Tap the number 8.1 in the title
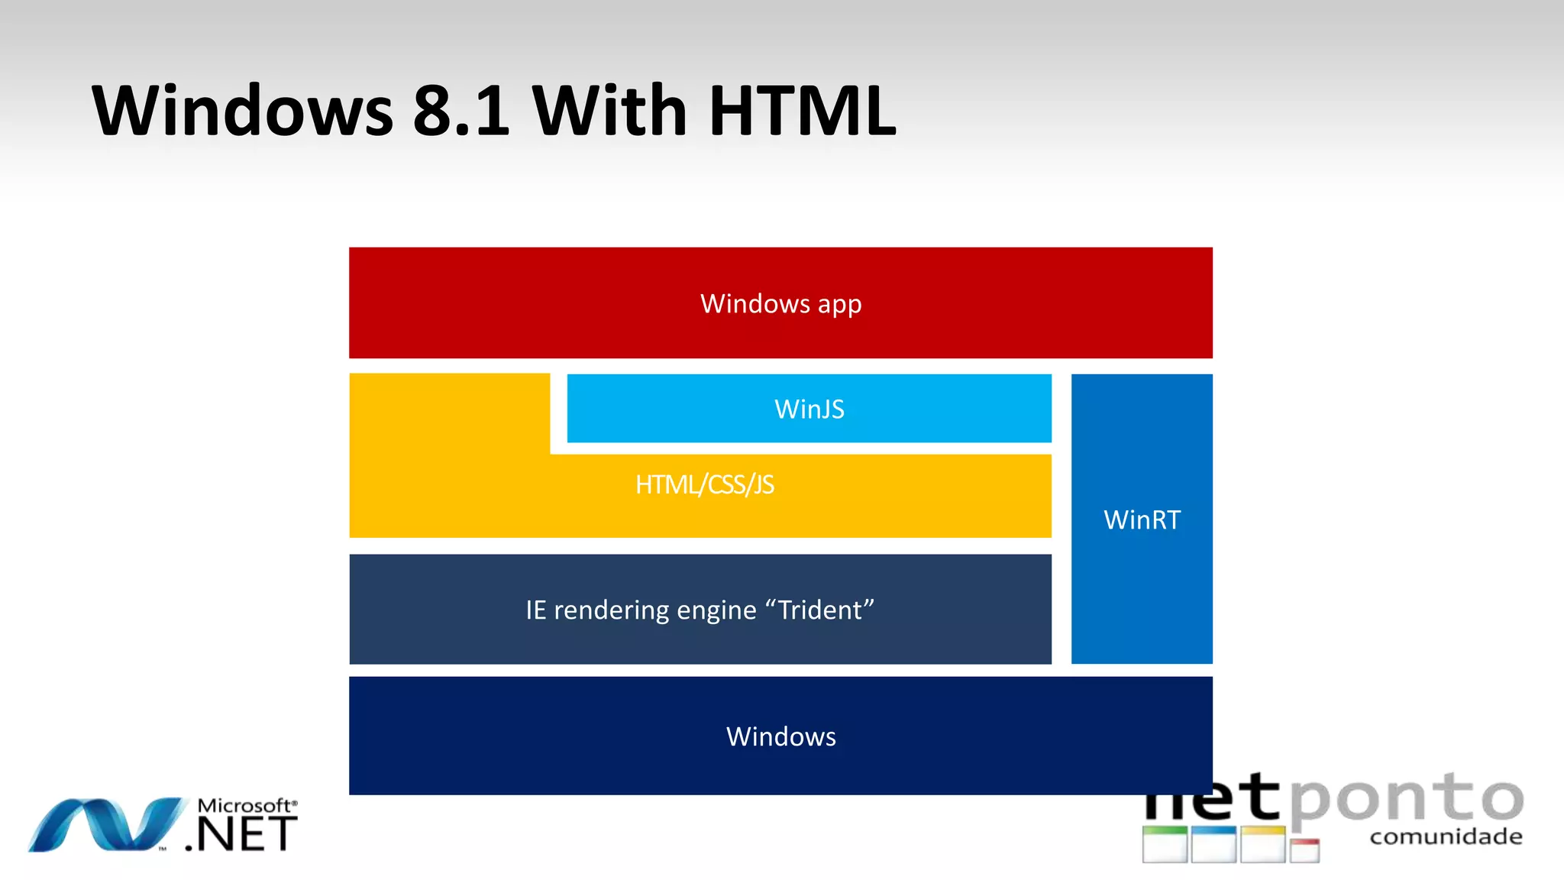coord(460,111)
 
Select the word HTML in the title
coord(802,111)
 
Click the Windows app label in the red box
coord(780,304)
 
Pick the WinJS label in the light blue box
coord(809,409)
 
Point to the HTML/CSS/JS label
coord(704,485)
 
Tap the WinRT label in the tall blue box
coord(1142,520)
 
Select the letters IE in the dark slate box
coord(535,610)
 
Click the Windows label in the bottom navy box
coord(780,736)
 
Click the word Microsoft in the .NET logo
coord(244,806)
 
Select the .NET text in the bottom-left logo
coord(241,834)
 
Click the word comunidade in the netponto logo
coord(1445,837)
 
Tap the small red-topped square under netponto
coord(1304,849)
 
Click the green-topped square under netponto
coord(1165,844)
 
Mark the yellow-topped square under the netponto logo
coord(1262,844)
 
